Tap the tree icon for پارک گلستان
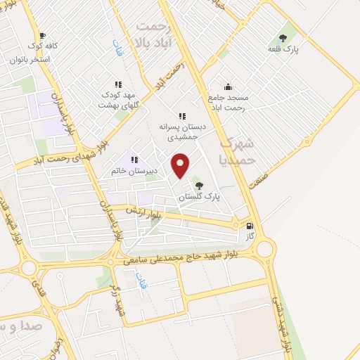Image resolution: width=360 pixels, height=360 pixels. (200, 186)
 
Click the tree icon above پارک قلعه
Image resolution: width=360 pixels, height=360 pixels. (283, 38)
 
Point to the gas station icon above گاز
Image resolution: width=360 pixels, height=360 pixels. (250, 226)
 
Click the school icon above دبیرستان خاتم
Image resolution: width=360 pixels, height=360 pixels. (134, 160)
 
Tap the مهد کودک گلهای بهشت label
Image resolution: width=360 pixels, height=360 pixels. (118, 99)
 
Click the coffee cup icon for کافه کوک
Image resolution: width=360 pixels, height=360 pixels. (42, 35)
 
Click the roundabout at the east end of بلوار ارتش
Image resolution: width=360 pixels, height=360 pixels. (266, 248)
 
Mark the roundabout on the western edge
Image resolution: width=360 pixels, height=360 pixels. (29, 268)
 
